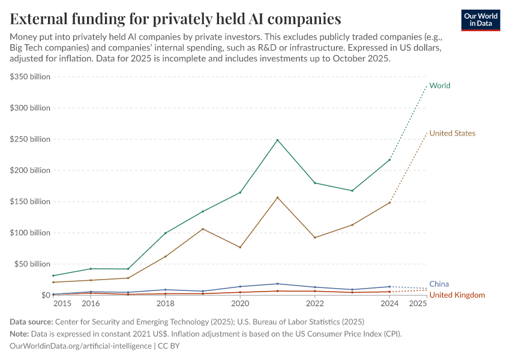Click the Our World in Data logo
tap(480, 20)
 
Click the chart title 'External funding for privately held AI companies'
tap(176, 19)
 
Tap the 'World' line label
tap(440, 86)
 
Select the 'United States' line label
tap(452, 133)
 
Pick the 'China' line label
tap(439, 284)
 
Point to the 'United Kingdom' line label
tap(457, 295)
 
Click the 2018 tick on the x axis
tap(166, 304)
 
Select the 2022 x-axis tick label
tap(315, 304)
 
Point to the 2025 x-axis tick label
tap(418, 304)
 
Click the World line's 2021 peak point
tap(277, 140)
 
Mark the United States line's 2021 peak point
tap(277, 197)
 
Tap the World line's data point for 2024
tap(389, 160)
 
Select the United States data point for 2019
tap(203, 229)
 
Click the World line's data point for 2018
tap(166, 233)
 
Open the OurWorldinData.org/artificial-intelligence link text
tap(81, 346)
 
